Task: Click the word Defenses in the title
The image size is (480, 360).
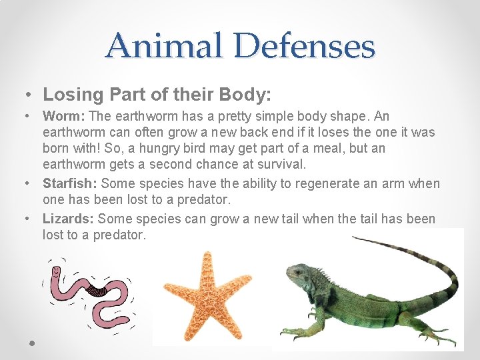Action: (305, 46)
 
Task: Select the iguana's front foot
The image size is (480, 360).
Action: (293, 331)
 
